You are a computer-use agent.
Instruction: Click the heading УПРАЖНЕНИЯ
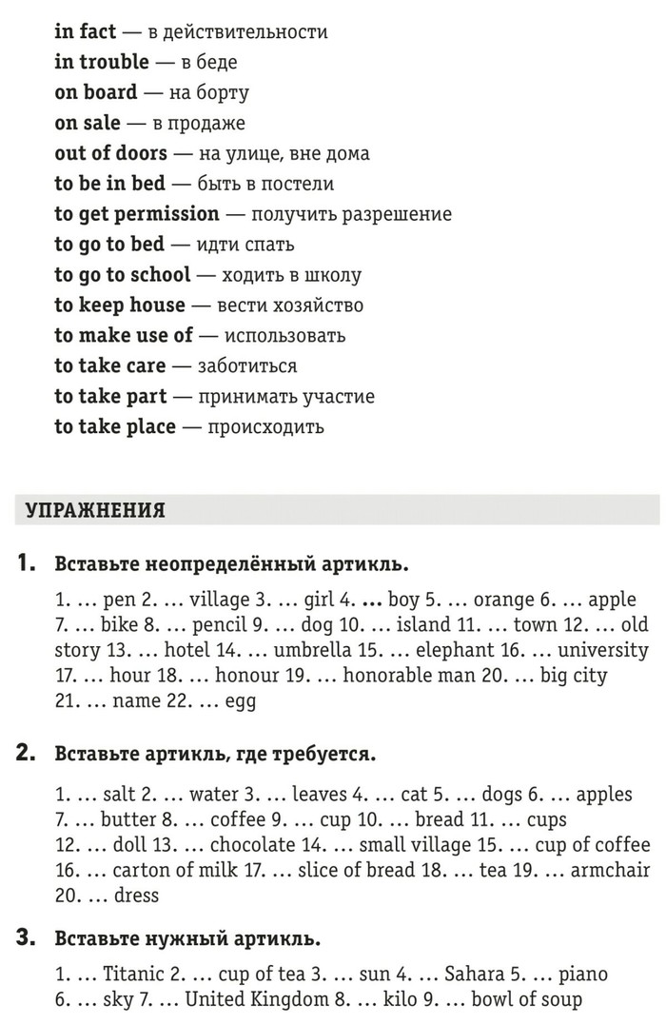95,511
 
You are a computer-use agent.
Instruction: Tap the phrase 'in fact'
86,31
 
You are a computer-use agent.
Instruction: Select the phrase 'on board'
96,92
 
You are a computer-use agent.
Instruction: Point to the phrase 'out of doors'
111,153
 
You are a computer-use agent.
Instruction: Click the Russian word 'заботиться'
246,366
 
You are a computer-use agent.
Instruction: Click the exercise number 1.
27,563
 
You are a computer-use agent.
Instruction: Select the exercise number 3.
27,938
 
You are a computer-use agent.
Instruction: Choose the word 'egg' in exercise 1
241,702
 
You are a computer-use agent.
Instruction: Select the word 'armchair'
611,870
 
